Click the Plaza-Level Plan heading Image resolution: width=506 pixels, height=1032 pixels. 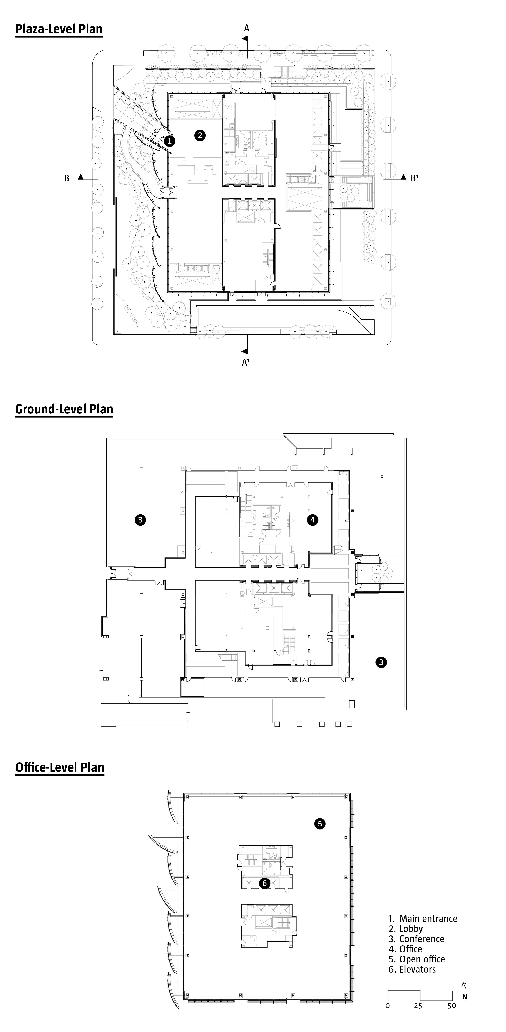pos(59,29)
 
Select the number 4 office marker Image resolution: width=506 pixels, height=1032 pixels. pos(312,520)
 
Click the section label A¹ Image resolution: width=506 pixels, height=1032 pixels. pos(246,362)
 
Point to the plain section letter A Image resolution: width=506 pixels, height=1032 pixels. pos(247,28)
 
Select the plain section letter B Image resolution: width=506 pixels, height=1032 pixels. pos(67,178)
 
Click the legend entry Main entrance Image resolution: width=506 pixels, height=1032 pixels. pos(423,919)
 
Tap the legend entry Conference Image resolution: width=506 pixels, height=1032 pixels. pos(416,939)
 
